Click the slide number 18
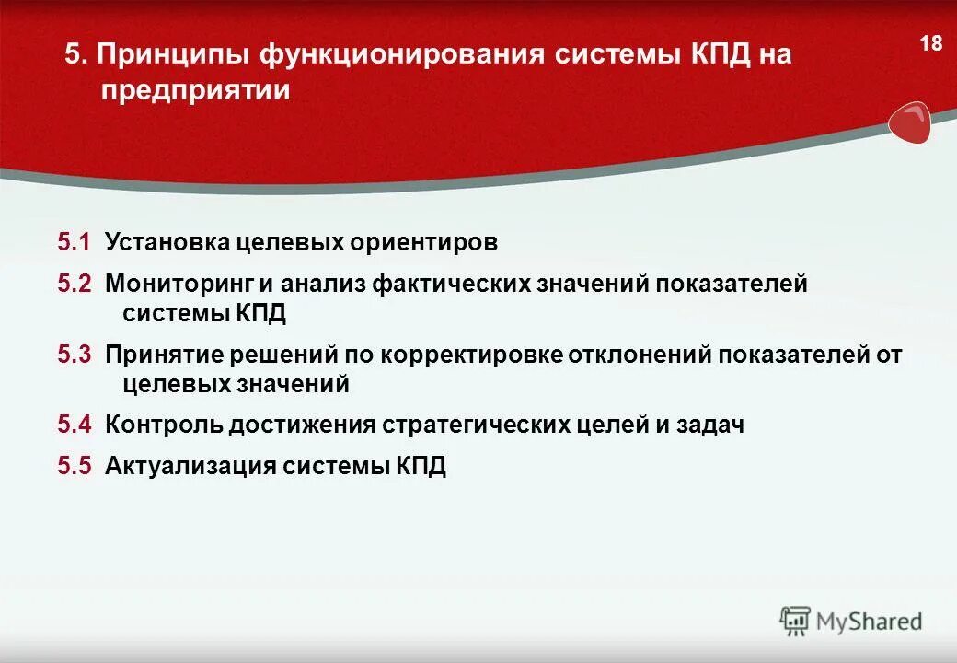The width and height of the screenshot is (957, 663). (x=930, y=43)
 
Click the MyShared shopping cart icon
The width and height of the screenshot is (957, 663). (x=795, y=621)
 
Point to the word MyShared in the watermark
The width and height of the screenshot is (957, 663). (x=868, y=622)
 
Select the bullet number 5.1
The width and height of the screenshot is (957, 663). (x=75, y=242)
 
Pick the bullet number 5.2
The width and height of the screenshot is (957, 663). (x=75, y=284)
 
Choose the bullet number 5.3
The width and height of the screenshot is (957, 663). (x=75, y=355)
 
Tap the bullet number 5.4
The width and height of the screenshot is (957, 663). (x=75, y=425)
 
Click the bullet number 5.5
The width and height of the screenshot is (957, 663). (x=75, y=465)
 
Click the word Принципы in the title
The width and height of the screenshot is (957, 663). (x=170, y=54)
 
